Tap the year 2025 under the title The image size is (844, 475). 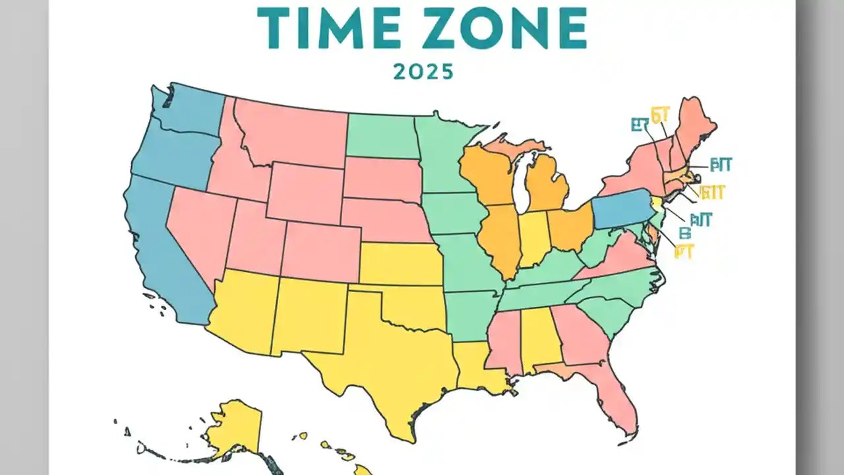423,71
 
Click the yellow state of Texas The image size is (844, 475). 389,369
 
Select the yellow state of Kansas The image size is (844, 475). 401,264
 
